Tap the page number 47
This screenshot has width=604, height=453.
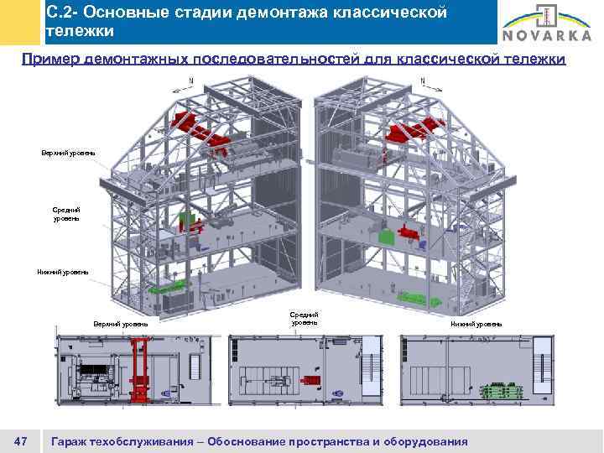pos(22,441)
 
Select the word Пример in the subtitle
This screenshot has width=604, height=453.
pos(51,60)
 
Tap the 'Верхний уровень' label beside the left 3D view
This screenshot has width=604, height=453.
pos(69,153)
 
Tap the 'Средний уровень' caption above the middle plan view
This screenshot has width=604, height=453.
pos(305,319)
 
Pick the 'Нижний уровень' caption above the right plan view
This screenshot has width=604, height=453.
pos(476,323)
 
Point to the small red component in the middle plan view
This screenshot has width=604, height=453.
pos(310,381)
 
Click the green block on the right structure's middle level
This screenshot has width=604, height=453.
pos(386,237)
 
